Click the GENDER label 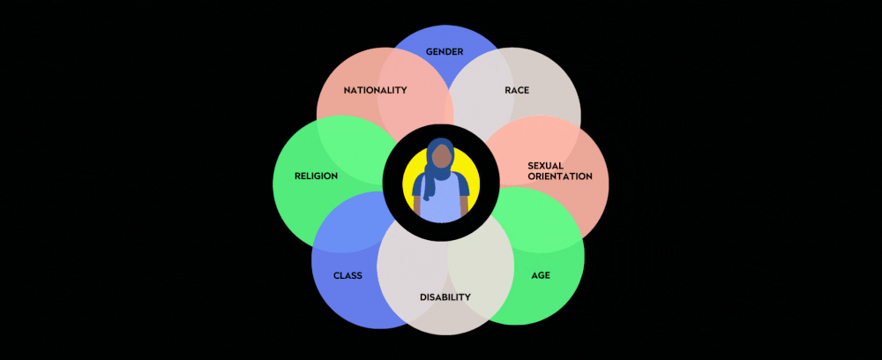pyautogui.click(x=445, y=51)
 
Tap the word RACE pyautogui.click(x=517, y=90)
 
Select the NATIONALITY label pyautogui.click(x=375, y=90)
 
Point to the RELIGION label pyautogui.click(x=317, y=176)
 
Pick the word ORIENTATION pyautogui.click(x=560, y=176)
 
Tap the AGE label pyautogui.click(x=541, y=275)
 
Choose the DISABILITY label pyautogui.click(x=445, y=296)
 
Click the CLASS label pyautogui.click(x=348, y=275)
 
